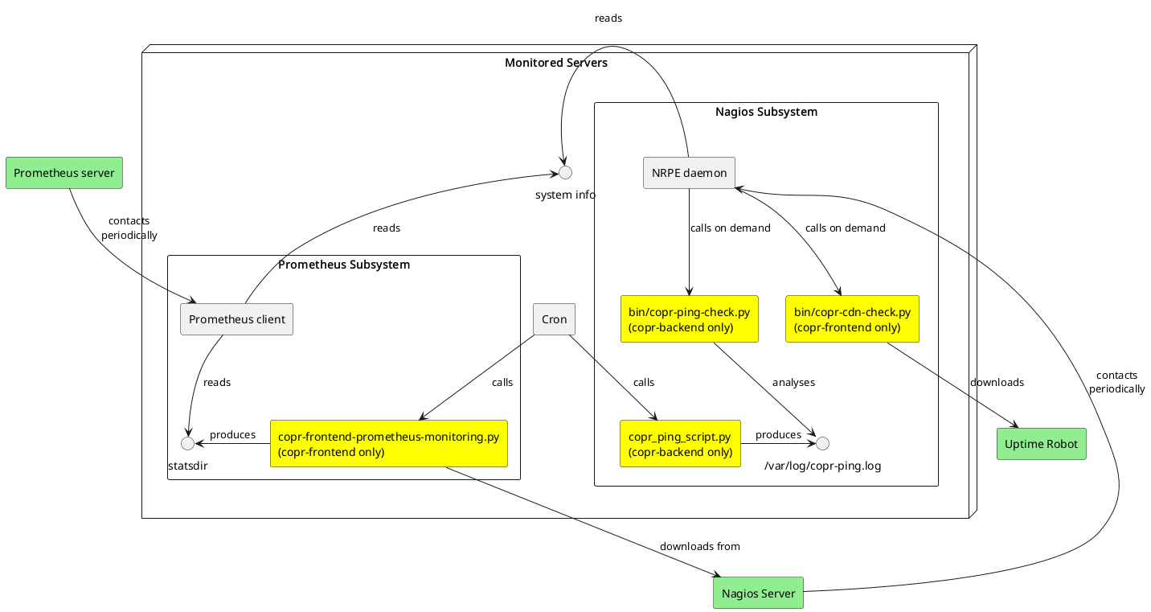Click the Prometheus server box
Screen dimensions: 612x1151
[63, 173]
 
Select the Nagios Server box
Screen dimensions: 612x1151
[758, 594]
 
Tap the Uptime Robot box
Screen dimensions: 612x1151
[1041, 444]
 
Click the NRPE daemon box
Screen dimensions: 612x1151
[689, 173]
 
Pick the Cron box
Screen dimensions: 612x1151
[554, 319]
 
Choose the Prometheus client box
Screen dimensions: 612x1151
[236, 319]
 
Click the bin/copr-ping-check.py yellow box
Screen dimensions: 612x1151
[689, 319]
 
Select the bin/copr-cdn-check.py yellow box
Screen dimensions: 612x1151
[852, 319]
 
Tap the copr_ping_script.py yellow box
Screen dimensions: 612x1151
[680, 443]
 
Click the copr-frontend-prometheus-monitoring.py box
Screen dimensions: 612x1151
[388, 443]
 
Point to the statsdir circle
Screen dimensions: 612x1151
[187, 443]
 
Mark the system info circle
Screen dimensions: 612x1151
[565, 173]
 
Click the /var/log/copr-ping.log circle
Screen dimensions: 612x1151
[822, 443]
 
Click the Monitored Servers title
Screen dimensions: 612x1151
[555, 63]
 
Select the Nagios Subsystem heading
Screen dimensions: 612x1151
[766, 112]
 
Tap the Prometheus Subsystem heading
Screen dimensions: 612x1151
[344, 265]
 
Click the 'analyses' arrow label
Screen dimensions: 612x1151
[793, 382]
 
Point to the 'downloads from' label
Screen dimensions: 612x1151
[699, 546]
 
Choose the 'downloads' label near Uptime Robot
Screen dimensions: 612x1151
[997, 382]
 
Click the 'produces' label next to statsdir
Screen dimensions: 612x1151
[232, 434]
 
